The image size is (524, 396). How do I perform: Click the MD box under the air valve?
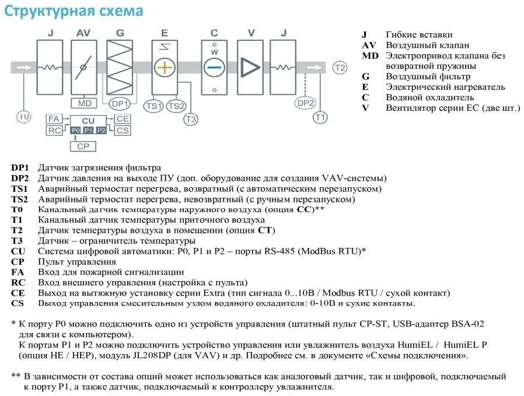point(84,103)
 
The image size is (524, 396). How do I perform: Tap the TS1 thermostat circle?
point(153,106)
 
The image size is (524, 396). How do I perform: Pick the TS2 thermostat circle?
point(176,106)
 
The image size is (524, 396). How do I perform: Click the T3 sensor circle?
point(191,119)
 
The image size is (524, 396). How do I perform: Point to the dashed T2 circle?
point(340,68)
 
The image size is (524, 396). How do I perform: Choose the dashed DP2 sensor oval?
point(305,103)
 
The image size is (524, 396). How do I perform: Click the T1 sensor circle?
point(320,117)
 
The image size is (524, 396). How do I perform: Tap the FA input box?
point(54,119)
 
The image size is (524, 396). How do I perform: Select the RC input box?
point(54,131)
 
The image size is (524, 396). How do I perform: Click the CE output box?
point(123,119)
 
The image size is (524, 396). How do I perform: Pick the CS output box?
point(123,131)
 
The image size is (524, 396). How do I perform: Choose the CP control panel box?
point(83,146)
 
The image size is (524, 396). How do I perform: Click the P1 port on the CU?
point(88,130)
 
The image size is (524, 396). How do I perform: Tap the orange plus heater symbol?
point(165,68)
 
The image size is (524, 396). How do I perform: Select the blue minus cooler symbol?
point(214,68)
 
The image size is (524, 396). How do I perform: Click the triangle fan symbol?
point(250,68)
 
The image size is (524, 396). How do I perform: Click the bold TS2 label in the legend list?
point(19,199)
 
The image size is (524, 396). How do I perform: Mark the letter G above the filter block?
point(120,33)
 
